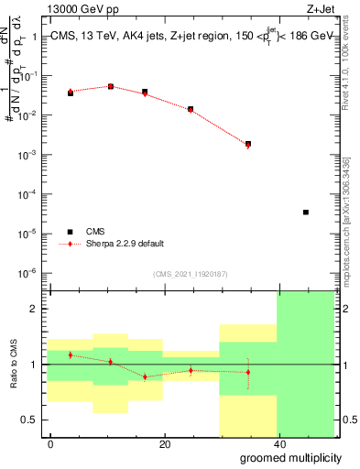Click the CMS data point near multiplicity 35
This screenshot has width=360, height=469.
pos(248,144)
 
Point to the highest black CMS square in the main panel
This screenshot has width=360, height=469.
pos(111,86)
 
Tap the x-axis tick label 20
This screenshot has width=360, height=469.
pos(165,444)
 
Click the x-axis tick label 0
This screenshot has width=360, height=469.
pos(51,444)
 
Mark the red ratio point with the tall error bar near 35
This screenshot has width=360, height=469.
pos(248,372)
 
